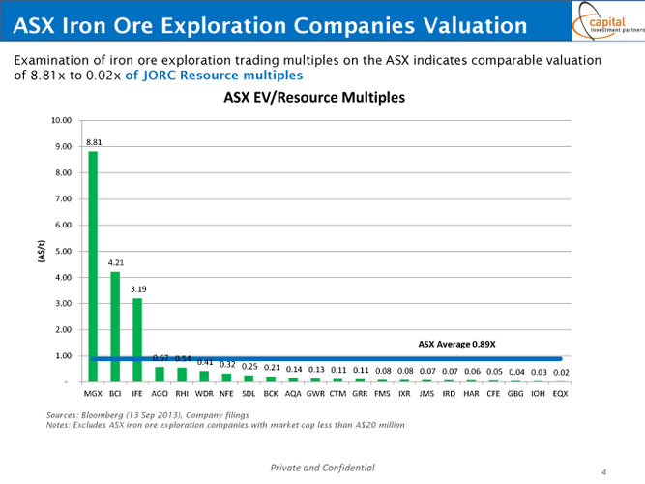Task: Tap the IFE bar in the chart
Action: pos(137,340)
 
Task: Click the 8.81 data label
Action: pos(94,142)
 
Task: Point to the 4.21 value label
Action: pos(116,262)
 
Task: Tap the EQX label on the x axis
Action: pos(561,395)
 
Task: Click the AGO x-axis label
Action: pos(160,395)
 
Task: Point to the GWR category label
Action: pos(315,395)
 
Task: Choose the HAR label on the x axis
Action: pos(471,395)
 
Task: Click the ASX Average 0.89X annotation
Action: pos(456,343)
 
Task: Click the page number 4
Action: pos(603,471)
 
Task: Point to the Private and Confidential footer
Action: pos(322,468)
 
